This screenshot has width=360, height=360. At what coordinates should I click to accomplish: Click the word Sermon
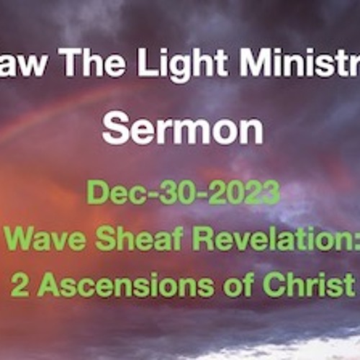pos(182,131)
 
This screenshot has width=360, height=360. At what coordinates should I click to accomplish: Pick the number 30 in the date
pos(171,193)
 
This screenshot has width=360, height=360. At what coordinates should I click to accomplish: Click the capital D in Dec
pos(96,193)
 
